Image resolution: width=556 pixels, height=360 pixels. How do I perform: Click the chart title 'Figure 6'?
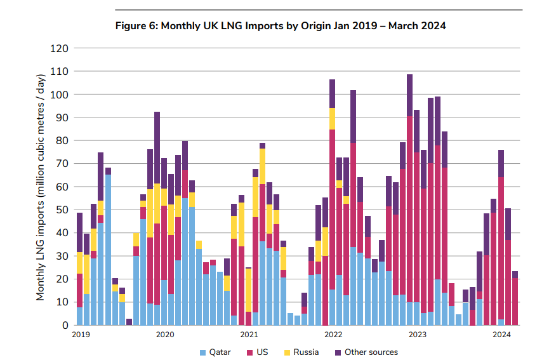click(280, 26)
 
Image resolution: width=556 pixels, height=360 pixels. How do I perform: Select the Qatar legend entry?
click(215, 352)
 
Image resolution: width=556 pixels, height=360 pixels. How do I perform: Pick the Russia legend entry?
click(302, 352)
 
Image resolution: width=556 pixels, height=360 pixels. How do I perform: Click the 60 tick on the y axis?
click(62, 187)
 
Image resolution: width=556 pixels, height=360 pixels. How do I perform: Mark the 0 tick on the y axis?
click(64, 325)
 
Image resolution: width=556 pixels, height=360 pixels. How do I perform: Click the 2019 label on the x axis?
click(81, 334)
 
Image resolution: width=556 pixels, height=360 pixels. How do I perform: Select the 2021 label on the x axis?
click(249, 334)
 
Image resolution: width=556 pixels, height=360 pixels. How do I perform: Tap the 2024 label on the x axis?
click(501, 334)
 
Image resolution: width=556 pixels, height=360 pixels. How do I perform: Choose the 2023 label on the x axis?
click(417, 334)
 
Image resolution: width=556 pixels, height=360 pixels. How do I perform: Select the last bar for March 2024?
click(515, 298)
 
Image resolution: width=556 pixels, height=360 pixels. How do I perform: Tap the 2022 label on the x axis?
click(333, 334)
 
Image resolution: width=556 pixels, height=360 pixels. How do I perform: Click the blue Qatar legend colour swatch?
click(202, 352)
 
